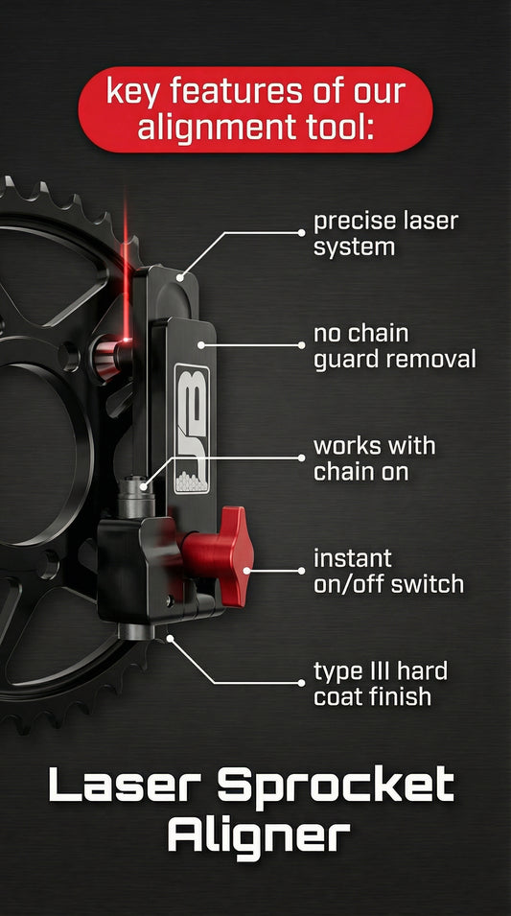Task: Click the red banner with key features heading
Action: [x=255, y=108]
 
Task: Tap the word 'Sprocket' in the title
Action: [x=336, y=786]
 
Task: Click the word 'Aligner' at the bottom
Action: [x=256, y=836]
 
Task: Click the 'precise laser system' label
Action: [x=385, y=233]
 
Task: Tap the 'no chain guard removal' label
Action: [x=394, y=346]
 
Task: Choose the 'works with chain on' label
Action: [x=374, y=458]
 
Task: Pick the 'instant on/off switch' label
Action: [x=388, y=571]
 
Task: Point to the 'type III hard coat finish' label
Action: [x=380, y=683]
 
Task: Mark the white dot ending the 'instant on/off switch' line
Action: [x=247, y=570]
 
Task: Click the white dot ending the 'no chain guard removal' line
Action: [x=200, y=344]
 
